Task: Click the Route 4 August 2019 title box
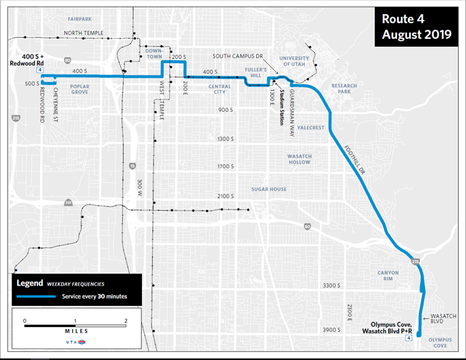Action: [x=416, y=27]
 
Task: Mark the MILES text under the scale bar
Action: [x=75, y=331]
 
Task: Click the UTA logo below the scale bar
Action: [x=76, y=342]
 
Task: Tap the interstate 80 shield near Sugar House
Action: [x=307, y=226]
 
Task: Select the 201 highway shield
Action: [x=68, y=202]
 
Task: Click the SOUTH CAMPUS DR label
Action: [x=238, y=56]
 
